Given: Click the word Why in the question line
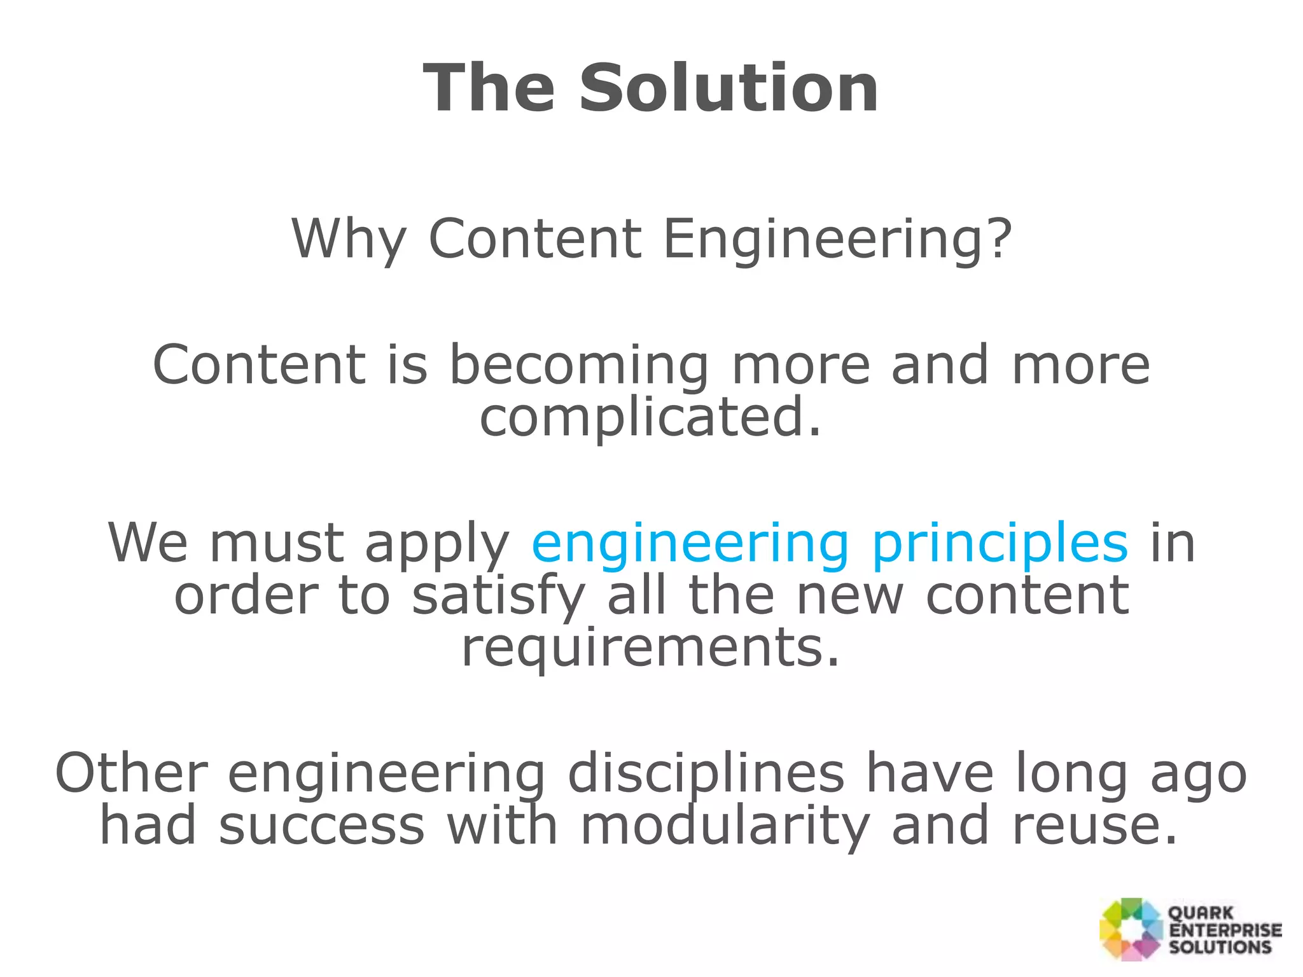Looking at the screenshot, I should coord(348,240).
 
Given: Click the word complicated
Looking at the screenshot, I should coord(650,418).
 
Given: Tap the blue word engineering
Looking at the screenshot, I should coord(690,544).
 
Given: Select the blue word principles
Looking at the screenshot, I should coord(1000,544).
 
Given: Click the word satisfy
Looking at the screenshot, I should coord(498,596).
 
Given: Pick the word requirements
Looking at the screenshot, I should coord(650,648).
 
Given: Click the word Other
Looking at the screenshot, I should coord(132,774).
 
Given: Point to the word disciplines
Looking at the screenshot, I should coord(706,774).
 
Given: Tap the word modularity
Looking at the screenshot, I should coord(725,826).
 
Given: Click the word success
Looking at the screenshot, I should coord(321,826).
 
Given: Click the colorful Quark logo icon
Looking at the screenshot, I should coord(1131,929).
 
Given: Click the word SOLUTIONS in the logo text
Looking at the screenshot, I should coord(1220,946).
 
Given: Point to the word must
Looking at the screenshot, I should coord(276,544).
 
